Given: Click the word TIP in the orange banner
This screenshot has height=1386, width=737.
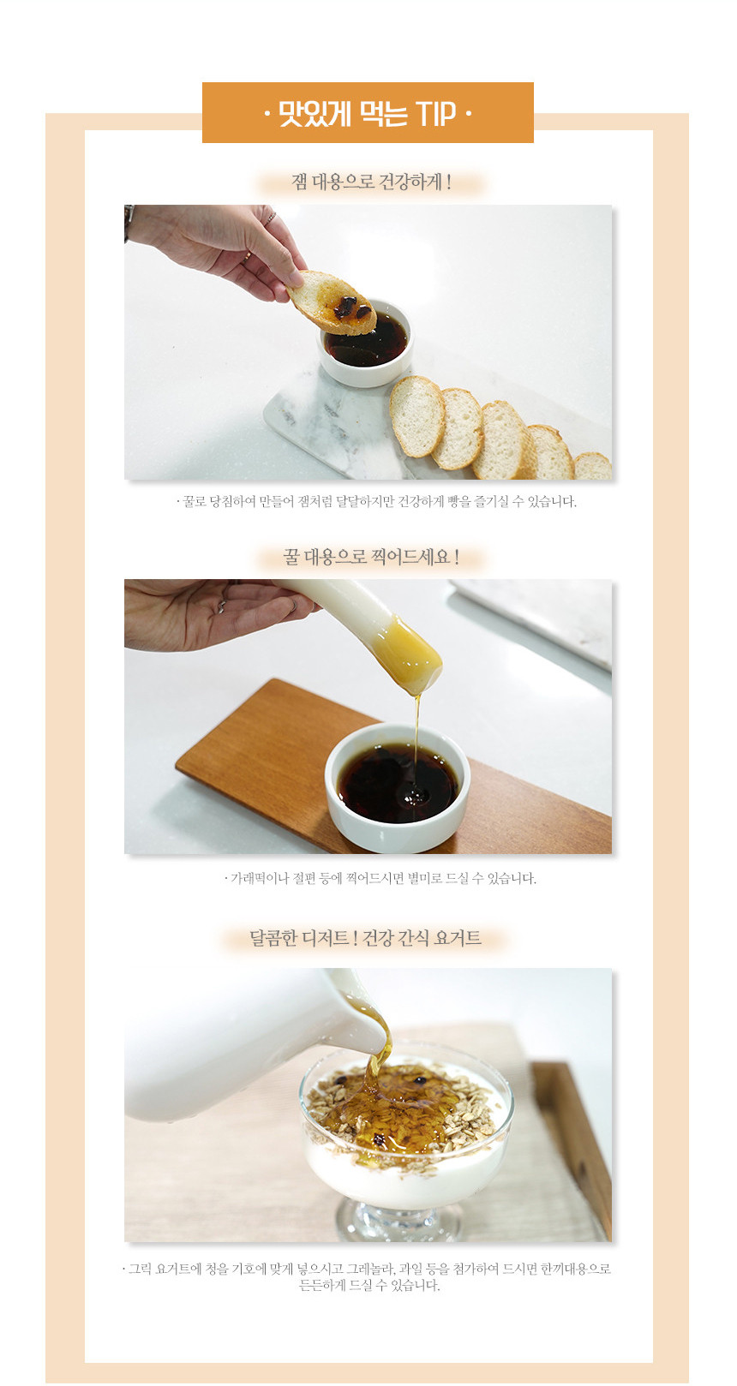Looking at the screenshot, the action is (435, 113).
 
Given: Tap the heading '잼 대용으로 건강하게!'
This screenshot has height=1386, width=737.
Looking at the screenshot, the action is (371, 182).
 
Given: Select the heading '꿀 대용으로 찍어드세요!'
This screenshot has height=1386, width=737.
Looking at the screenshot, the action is (371, 557).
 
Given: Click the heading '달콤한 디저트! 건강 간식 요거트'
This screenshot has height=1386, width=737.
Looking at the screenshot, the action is (365, 938).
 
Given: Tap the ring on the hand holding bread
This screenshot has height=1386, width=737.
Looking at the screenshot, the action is (270, 218).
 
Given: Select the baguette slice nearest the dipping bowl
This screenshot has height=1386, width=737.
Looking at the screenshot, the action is (417, 416).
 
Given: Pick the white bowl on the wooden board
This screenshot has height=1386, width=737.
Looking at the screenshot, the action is (398, 787).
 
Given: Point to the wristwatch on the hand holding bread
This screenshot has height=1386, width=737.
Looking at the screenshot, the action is (129, 221).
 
